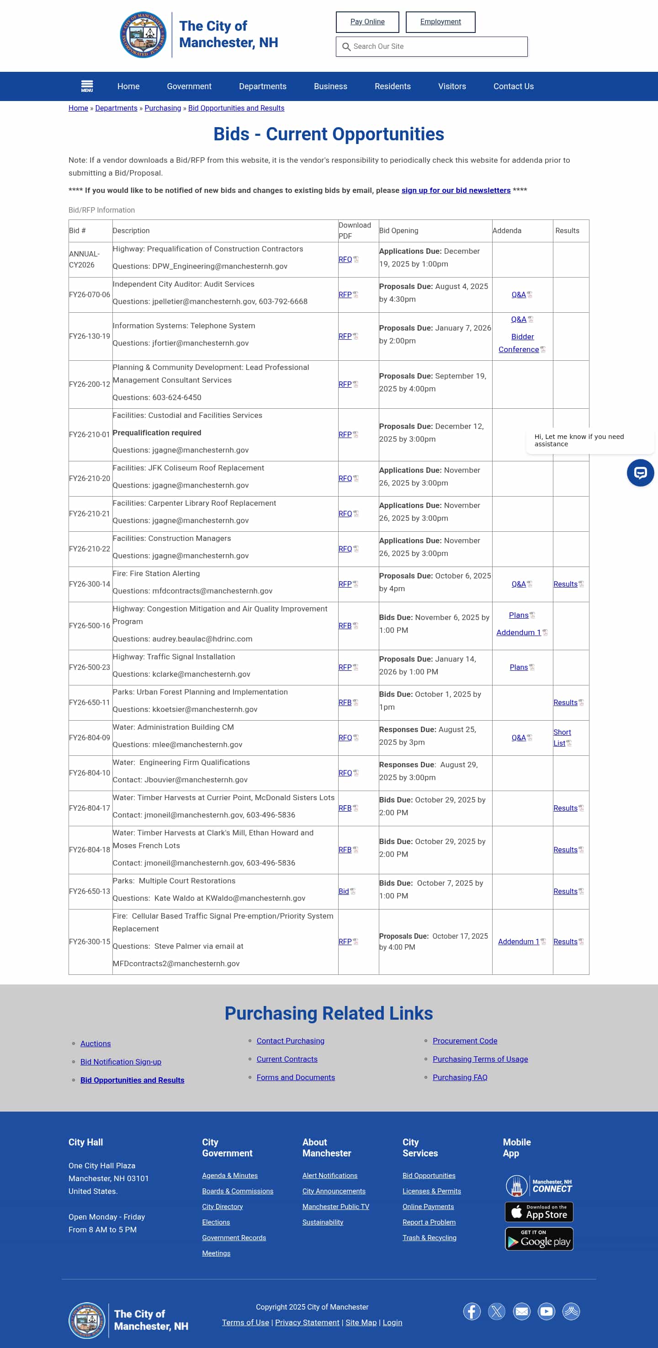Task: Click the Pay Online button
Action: point(367,22)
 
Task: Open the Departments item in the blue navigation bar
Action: point(263,86)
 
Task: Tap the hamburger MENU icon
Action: point(87,86)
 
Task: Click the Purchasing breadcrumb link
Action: point(163,108)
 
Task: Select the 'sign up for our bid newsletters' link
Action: point(456,191)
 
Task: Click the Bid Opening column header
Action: point(398,231)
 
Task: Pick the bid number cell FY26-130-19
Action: point(90,337)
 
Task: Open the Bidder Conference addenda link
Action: point(519,343)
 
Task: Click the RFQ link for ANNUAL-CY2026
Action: point(345,260)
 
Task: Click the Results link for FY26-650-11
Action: point(565,703)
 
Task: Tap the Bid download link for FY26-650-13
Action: point(344,892)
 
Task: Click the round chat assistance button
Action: point(640,473)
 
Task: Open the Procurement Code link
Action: point(464,1041)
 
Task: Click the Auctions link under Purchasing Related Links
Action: point(96,1043)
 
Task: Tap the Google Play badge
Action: point(539,1239)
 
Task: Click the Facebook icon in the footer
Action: point(471,1311)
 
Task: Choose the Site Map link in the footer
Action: point(361,1322)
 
